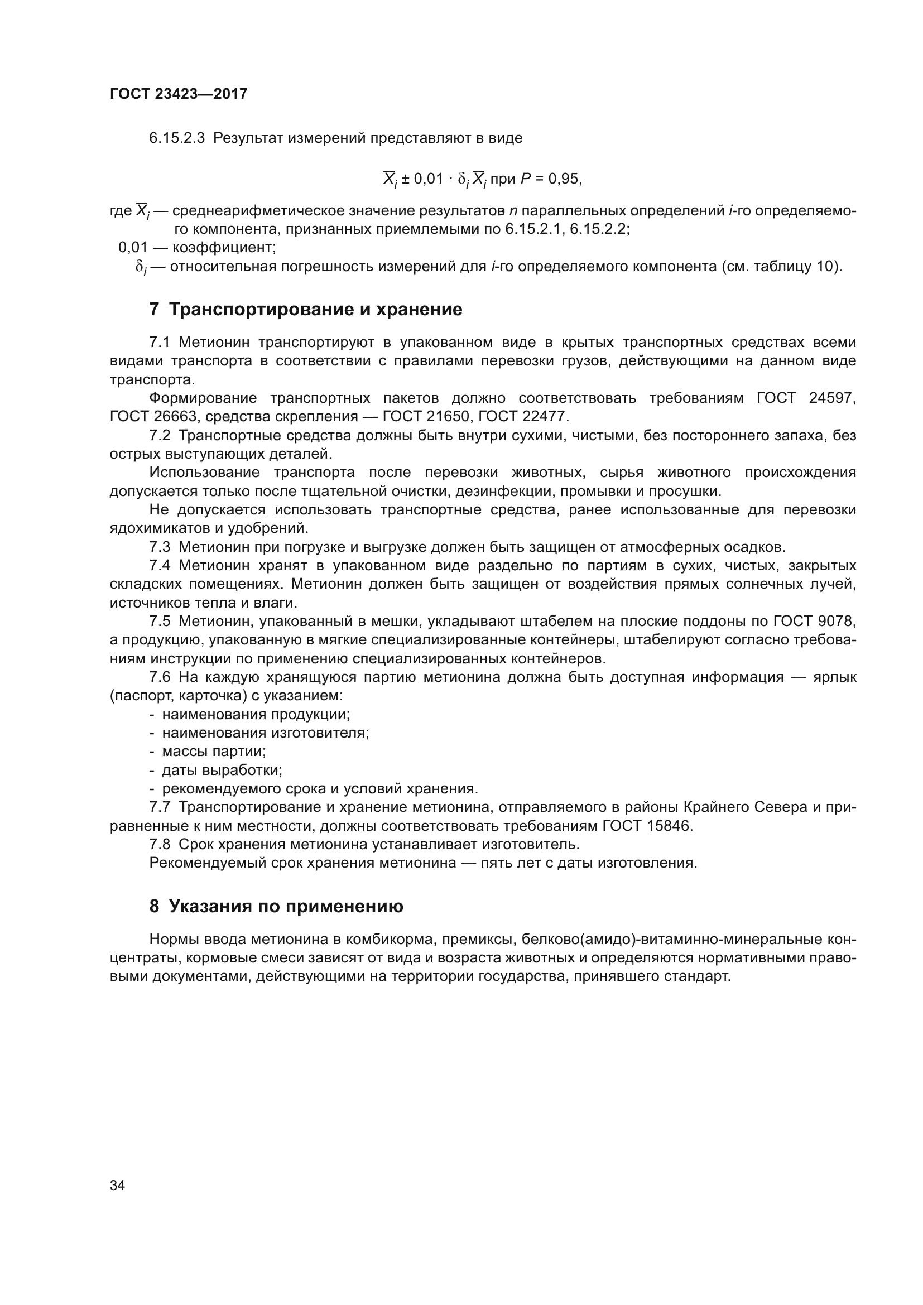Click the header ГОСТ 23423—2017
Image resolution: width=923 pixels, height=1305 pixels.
click(x=179, y=94)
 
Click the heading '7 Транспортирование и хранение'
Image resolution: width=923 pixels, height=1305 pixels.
click(x=306, y=310)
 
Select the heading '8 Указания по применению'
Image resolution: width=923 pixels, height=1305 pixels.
click(x=276, y=906)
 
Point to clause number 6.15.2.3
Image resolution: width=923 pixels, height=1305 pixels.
click(x=176, y=138)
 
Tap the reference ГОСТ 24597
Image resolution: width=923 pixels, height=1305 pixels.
click(x=806, y=398)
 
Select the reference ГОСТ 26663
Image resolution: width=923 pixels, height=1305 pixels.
click(x=153, y=417)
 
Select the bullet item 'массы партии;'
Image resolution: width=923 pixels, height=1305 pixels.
click(x=214, y=752)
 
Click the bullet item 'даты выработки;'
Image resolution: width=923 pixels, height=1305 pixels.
click(x=222, y=770)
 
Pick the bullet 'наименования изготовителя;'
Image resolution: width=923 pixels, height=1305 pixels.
click(x=266, y=733)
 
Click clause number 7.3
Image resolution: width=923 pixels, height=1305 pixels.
click(x=160, y=547)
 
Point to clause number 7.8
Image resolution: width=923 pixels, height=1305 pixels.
click(x=160, y=844)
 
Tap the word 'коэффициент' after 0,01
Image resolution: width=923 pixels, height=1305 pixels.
click(x=224, y=247)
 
